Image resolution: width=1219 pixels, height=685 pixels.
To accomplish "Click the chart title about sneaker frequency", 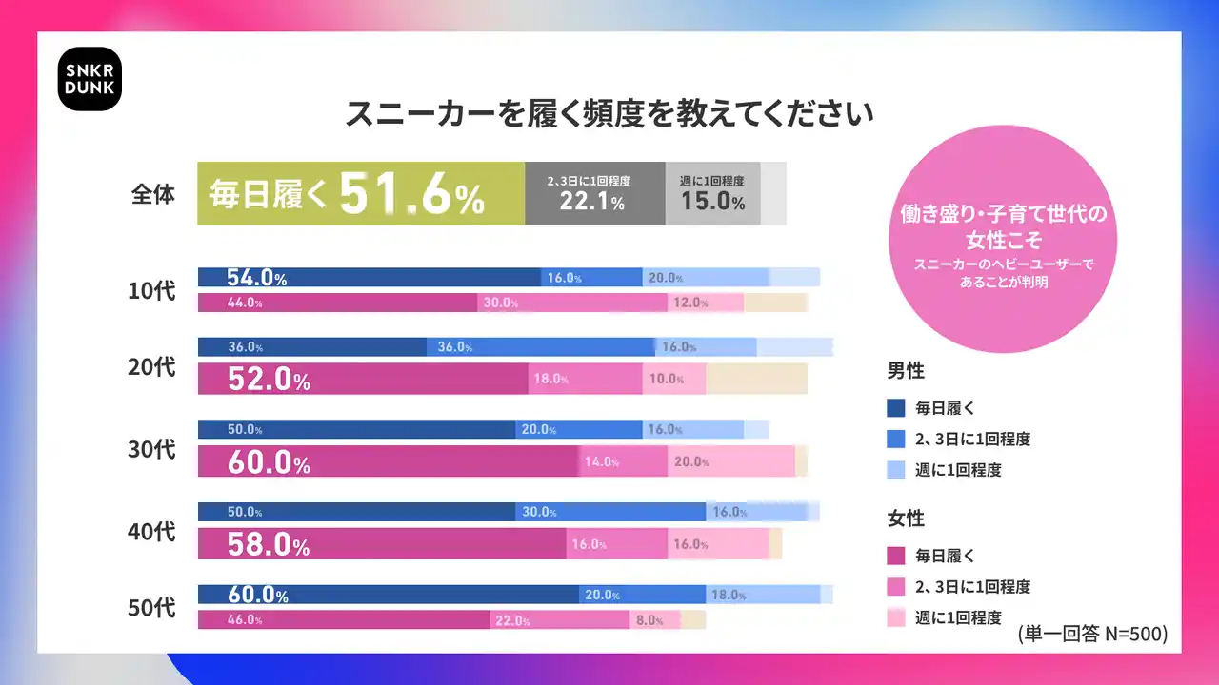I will [x=609, y=113].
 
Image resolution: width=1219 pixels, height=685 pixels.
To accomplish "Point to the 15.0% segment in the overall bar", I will [x=712, y=194].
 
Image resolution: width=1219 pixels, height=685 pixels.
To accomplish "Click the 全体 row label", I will [x=152, y=194].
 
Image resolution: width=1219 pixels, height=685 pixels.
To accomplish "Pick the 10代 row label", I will [x=152, y=290].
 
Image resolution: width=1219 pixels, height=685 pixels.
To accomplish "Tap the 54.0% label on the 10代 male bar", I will [x=256, y=278].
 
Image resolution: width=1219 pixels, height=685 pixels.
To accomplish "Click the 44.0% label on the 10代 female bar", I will [x=245, y=303].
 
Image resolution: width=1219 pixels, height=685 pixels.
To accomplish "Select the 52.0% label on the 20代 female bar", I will [x=269, y=380].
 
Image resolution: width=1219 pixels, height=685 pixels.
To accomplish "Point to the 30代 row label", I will [x=152, y=449].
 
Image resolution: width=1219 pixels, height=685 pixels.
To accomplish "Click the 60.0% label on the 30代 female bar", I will [x=269, y=462].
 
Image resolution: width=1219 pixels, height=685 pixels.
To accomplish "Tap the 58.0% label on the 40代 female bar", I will [x=269, y=545].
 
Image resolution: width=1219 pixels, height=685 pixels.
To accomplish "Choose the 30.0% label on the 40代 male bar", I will [x=539, y=512].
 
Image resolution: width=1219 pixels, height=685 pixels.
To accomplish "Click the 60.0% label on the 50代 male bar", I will [x=257, y=596].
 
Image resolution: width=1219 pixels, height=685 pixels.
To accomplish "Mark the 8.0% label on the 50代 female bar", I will [x=649, y=620].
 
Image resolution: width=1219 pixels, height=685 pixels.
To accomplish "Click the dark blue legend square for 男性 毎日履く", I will [x=895, y=409].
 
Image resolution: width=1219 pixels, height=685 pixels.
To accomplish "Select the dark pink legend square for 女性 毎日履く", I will [x=895, y=556].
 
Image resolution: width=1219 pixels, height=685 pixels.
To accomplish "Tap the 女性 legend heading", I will [x=906, y=519].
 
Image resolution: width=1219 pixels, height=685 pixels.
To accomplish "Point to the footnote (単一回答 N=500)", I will [x=1092, y=633].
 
